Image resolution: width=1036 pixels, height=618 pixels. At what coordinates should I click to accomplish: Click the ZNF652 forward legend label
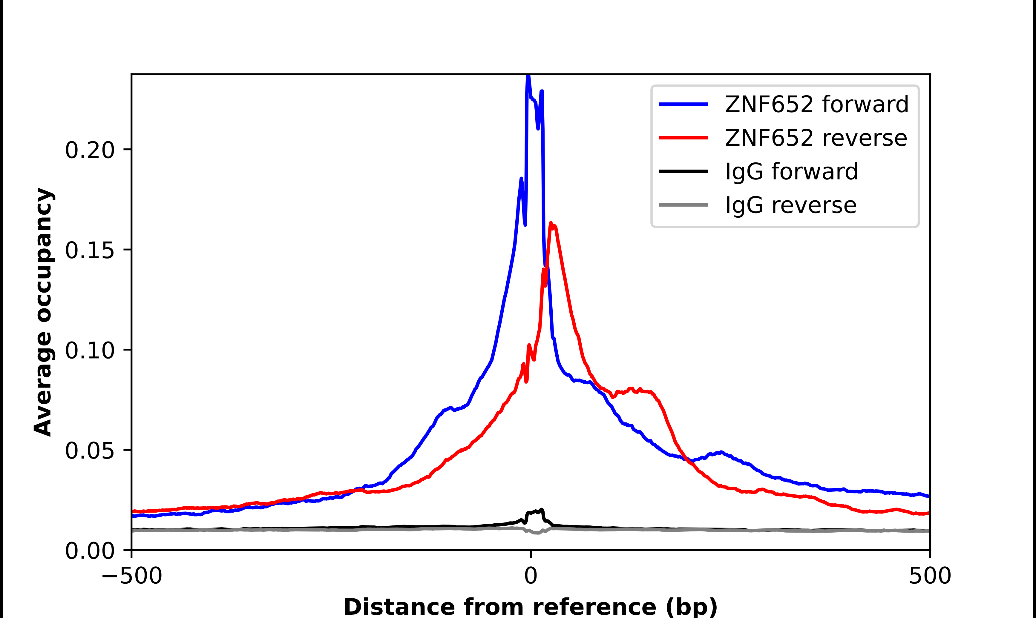(x=816, y=104)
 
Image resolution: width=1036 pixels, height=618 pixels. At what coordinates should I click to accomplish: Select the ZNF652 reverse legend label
(x=816, y=138)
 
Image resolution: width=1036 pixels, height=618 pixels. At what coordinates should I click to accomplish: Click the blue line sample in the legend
(x=683, y=104)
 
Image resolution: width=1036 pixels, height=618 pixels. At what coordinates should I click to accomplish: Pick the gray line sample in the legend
(x=683, y=205)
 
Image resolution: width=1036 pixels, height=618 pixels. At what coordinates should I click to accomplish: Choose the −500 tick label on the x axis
(x=132, y=576)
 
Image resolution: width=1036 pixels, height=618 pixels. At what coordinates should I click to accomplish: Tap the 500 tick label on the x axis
(x=930, y=576)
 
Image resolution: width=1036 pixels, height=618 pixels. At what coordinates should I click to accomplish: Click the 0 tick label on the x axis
(x=530, y=576)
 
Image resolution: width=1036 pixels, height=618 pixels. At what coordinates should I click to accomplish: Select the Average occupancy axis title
(x=43, y=312)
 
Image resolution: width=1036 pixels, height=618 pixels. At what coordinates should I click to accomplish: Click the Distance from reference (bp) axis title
(x=530, y=606)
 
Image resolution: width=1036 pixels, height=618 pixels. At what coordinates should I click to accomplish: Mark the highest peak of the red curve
(x=551, y=224)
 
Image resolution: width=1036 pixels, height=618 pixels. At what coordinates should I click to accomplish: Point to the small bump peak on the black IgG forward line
(x=541, y=510)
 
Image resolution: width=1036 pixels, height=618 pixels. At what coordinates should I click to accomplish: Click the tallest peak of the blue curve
(x=528, y=76)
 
